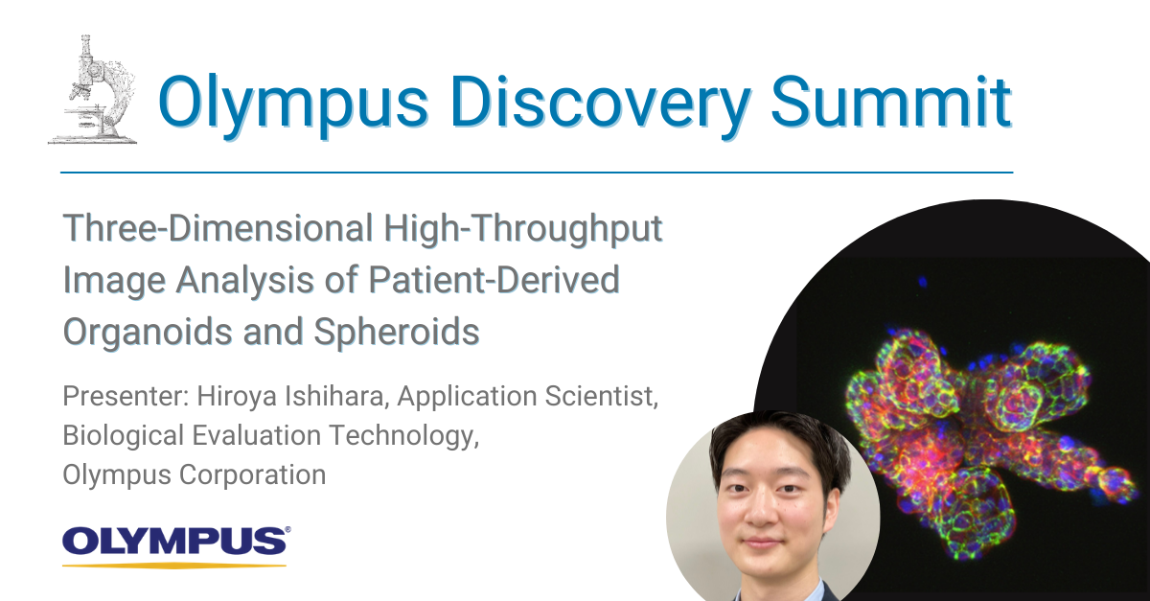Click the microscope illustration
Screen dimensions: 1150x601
(93, 90)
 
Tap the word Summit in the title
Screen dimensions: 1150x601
(891, 102)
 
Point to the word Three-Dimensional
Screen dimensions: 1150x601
(218, 228)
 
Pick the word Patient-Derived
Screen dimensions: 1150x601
(494, 280)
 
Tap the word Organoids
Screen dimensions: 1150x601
(148, 333)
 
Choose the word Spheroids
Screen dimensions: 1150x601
(397, 333)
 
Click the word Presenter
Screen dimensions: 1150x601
(126, 396)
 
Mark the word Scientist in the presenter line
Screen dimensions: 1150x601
(601, 397)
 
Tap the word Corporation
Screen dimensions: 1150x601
(252, 475)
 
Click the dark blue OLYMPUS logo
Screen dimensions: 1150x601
(174, 541)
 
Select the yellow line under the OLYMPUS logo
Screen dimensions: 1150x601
(174, 565)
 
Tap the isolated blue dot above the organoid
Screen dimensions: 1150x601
(923, 282)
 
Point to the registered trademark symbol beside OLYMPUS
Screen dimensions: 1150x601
(287, 529)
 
